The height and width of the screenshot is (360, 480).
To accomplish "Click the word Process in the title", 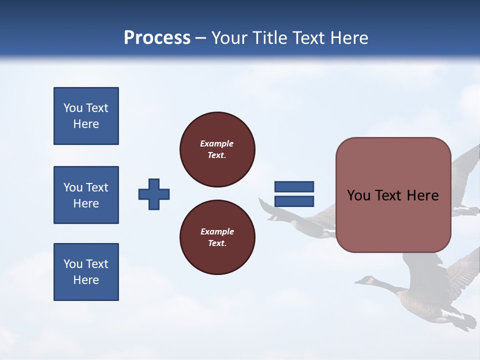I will (x=157, y=38).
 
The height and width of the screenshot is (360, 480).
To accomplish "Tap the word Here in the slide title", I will (x=348, y=38).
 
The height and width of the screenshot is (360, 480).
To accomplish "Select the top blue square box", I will (x=86, y=116).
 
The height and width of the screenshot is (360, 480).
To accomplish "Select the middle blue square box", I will (x=86, y=195).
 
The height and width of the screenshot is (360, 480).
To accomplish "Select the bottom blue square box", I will (x=86, y=272).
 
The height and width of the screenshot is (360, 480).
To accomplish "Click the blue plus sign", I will (x=154, y=194).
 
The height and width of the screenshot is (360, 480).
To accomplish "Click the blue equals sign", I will (x=294, y=194).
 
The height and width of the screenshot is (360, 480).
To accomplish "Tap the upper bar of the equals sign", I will (x=294, y=187).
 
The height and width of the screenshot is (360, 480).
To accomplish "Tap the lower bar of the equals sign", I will (x=294, y=201).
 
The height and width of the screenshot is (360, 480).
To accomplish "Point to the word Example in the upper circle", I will (x=217, y=143).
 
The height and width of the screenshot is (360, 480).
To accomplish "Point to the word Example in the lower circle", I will (x=217, y=231).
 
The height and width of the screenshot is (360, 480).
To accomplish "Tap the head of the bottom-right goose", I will (x=367, y=280).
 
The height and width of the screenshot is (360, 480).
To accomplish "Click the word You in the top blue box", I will (x=72, y=108).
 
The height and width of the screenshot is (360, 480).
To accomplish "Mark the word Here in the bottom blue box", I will (x=86, y=280).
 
